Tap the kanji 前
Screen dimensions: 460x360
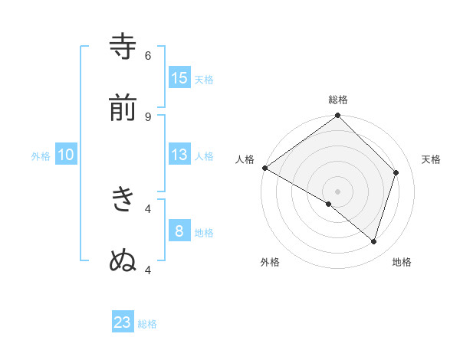pos(123,109)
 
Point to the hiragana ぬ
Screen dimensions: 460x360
pos(123,261)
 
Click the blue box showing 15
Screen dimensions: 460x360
pos(179,77)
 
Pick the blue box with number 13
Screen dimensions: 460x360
pos(179,155)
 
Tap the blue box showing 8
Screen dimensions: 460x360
pos(179,231)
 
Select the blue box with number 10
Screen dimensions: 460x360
pos(66,155)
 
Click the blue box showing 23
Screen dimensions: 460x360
pos(123,322)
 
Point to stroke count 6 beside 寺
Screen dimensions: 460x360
pos(148,55)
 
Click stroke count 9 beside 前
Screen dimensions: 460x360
pos(148,116)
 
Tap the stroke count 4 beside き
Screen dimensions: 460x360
pos(148,208)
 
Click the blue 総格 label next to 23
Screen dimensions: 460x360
pos(147,324)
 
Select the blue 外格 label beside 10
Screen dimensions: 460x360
pos(41,156)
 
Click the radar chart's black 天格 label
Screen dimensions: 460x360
pos(432,159)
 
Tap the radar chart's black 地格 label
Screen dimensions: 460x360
pos(402,262)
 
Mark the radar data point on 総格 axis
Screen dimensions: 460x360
pos(338,116)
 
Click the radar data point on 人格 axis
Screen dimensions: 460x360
pos(264,168)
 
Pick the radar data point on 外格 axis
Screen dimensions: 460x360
pos(329,204)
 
